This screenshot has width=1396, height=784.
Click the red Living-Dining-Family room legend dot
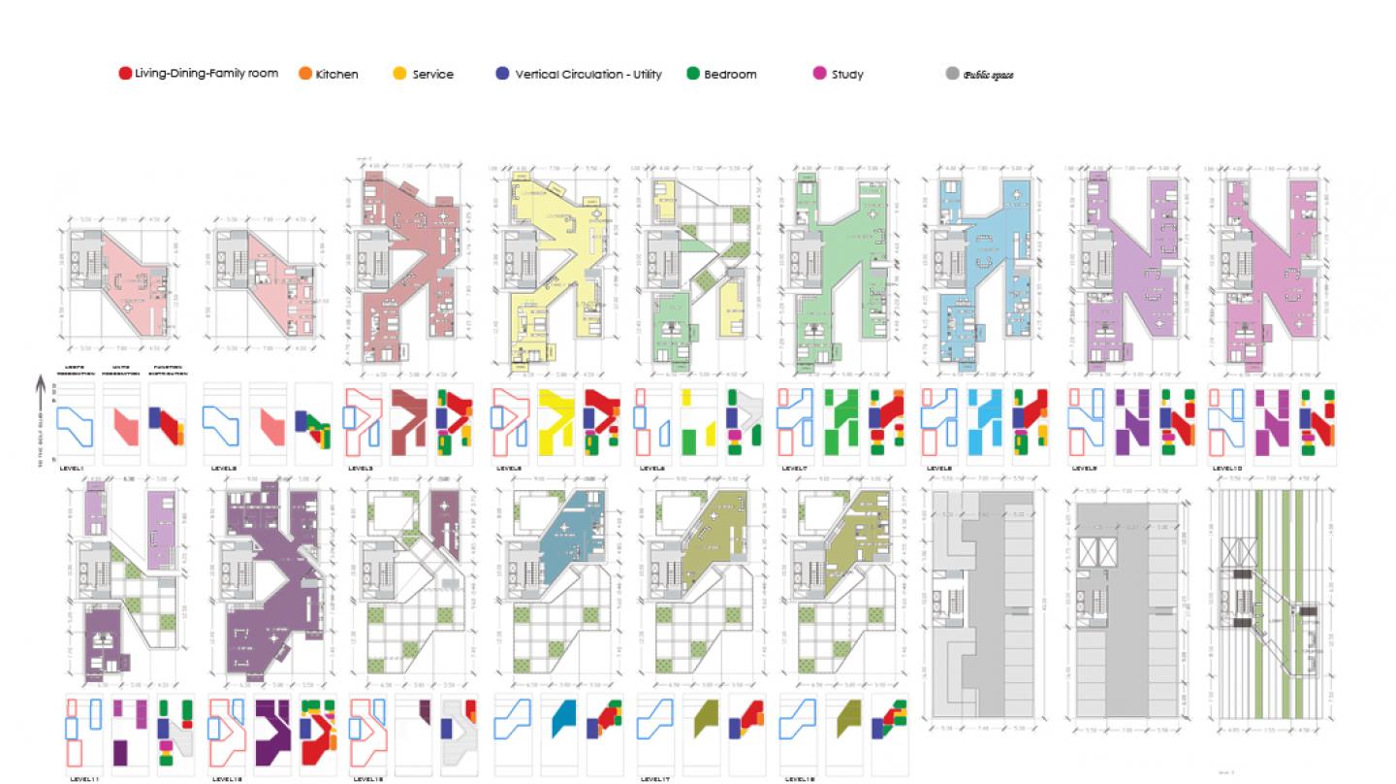coord(125,74)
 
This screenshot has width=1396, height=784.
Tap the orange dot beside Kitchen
coord(305,74)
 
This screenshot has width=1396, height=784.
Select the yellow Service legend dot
coord(399,74)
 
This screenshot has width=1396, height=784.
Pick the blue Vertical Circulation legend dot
coord(501,74)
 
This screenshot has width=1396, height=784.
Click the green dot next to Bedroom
coord(693,74)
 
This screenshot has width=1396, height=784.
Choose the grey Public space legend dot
coord(951,74)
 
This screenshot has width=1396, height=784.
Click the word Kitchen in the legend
coord(336,75)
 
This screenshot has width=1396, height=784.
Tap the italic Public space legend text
coord(988,75)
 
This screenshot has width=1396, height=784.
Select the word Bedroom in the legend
coord(730,75)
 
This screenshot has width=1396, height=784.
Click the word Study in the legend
coord(847,75)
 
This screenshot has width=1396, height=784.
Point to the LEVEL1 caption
coord(73,468)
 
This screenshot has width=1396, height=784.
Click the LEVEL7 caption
coord(793,468)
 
